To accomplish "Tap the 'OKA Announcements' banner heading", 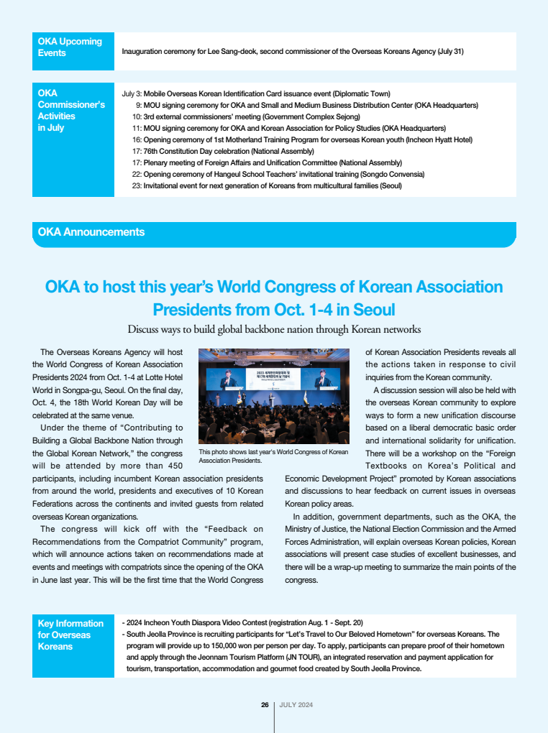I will click(91, 232).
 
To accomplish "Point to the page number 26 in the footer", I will click(265, 704).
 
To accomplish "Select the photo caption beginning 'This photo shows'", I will click(272, 456).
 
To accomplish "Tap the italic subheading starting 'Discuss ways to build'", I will click(274, 329).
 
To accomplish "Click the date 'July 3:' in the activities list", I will click(132, 94).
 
